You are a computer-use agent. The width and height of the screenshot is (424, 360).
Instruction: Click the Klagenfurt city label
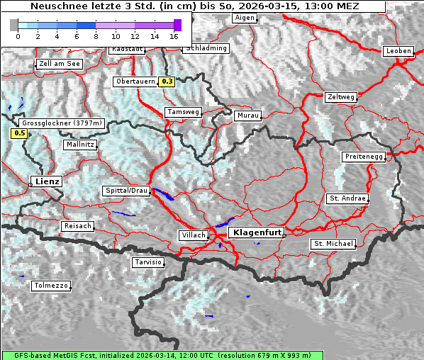tap(258, 232)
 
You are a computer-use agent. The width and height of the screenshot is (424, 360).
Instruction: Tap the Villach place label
tap(194, 235)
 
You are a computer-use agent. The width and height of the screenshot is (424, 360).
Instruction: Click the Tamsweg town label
tap(183, 112)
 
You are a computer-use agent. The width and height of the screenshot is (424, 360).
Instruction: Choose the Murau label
tap(248, 115)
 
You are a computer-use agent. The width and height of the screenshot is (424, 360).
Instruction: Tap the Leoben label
tap(398, 51)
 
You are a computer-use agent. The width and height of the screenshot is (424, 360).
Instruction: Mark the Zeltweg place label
tap(341, 96)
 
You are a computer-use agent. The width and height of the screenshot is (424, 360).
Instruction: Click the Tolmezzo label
tap(50, 286)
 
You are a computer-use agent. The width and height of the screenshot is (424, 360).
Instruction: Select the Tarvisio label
tap(148, 262)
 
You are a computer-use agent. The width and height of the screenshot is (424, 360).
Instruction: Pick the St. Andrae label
tap(347, 198)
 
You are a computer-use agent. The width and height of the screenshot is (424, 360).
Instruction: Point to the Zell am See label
tap(60, 64)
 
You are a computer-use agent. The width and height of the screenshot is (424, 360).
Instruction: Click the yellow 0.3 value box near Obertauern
tap(167, 81)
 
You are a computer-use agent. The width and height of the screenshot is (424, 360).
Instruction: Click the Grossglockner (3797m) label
tap(62, 123)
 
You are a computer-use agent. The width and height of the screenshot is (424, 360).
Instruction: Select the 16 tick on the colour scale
tap(174, 35)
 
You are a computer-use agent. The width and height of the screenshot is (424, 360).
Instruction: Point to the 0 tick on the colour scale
tap(18, 35)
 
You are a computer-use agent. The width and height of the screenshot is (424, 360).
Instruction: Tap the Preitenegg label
tap(364, 157)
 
